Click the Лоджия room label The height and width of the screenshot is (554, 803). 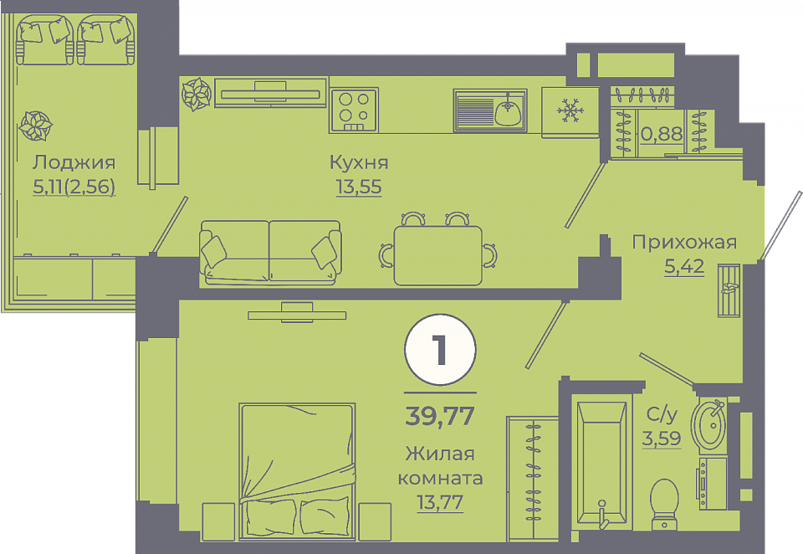(x=74, y=163)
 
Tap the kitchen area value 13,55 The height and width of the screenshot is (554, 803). (x=359, y=187)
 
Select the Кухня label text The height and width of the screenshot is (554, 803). (x=359, y=163)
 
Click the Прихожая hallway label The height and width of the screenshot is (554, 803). (x=684, y=242)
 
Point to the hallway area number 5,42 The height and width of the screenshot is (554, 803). (x=684, y=266)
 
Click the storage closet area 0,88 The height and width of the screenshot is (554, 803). (x=662, y=134)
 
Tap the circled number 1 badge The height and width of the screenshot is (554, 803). (x=441, y=350)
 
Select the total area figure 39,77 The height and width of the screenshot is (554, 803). (x=440, y=416)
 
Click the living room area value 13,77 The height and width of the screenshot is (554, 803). (x=440, y=502)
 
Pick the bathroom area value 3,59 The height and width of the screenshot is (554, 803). (x=661, y=439)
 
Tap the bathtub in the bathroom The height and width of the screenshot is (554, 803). (x=601, y=463)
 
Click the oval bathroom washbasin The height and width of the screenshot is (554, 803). (x=708, y=425)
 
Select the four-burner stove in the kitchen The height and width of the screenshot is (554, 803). (x=354, y=110)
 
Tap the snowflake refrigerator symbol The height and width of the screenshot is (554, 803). (x=570, y=111)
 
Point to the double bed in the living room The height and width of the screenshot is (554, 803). (x=297, y=471)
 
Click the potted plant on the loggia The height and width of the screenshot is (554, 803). (x=36, y=126)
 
